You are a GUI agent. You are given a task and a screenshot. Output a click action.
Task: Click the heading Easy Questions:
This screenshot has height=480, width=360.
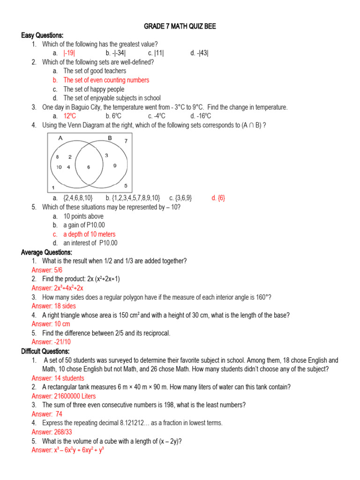tap(42, 35)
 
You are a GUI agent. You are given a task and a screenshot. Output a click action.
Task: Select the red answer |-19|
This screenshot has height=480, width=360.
tap(69, 53)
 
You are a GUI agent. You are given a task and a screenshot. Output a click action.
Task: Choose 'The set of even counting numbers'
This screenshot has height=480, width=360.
tap(106, 80)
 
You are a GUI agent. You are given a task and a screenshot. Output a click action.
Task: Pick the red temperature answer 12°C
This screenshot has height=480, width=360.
tap(70, 116)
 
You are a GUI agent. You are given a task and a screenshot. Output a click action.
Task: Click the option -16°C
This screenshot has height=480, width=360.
tap(201, 116)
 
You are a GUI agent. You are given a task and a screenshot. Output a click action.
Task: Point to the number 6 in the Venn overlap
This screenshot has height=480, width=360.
tap(88, 167)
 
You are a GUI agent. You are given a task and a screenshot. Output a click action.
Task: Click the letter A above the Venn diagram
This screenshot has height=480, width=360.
tap(60, 138)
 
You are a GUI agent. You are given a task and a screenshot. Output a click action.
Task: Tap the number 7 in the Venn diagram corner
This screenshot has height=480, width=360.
tap(126, 141)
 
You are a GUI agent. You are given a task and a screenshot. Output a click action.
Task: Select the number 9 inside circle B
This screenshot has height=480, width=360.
tap(115, 165)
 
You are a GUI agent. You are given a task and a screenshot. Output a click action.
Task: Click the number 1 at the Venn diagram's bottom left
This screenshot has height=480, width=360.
tap(53, 187)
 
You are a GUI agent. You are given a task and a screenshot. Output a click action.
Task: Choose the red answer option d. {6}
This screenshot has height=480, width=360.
tap(218, 198)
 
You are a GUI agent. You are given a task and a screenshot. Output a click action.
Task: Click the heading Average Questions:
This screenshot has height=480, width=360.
tap(46, 252)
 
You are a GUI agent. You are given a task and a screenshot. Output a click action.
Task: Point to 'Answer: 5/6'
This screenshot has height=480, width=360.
tap(47, 270)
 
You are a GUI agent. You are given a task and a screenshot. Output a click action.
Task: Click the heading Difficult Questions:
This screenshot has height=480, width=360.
tap(45, 351)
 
